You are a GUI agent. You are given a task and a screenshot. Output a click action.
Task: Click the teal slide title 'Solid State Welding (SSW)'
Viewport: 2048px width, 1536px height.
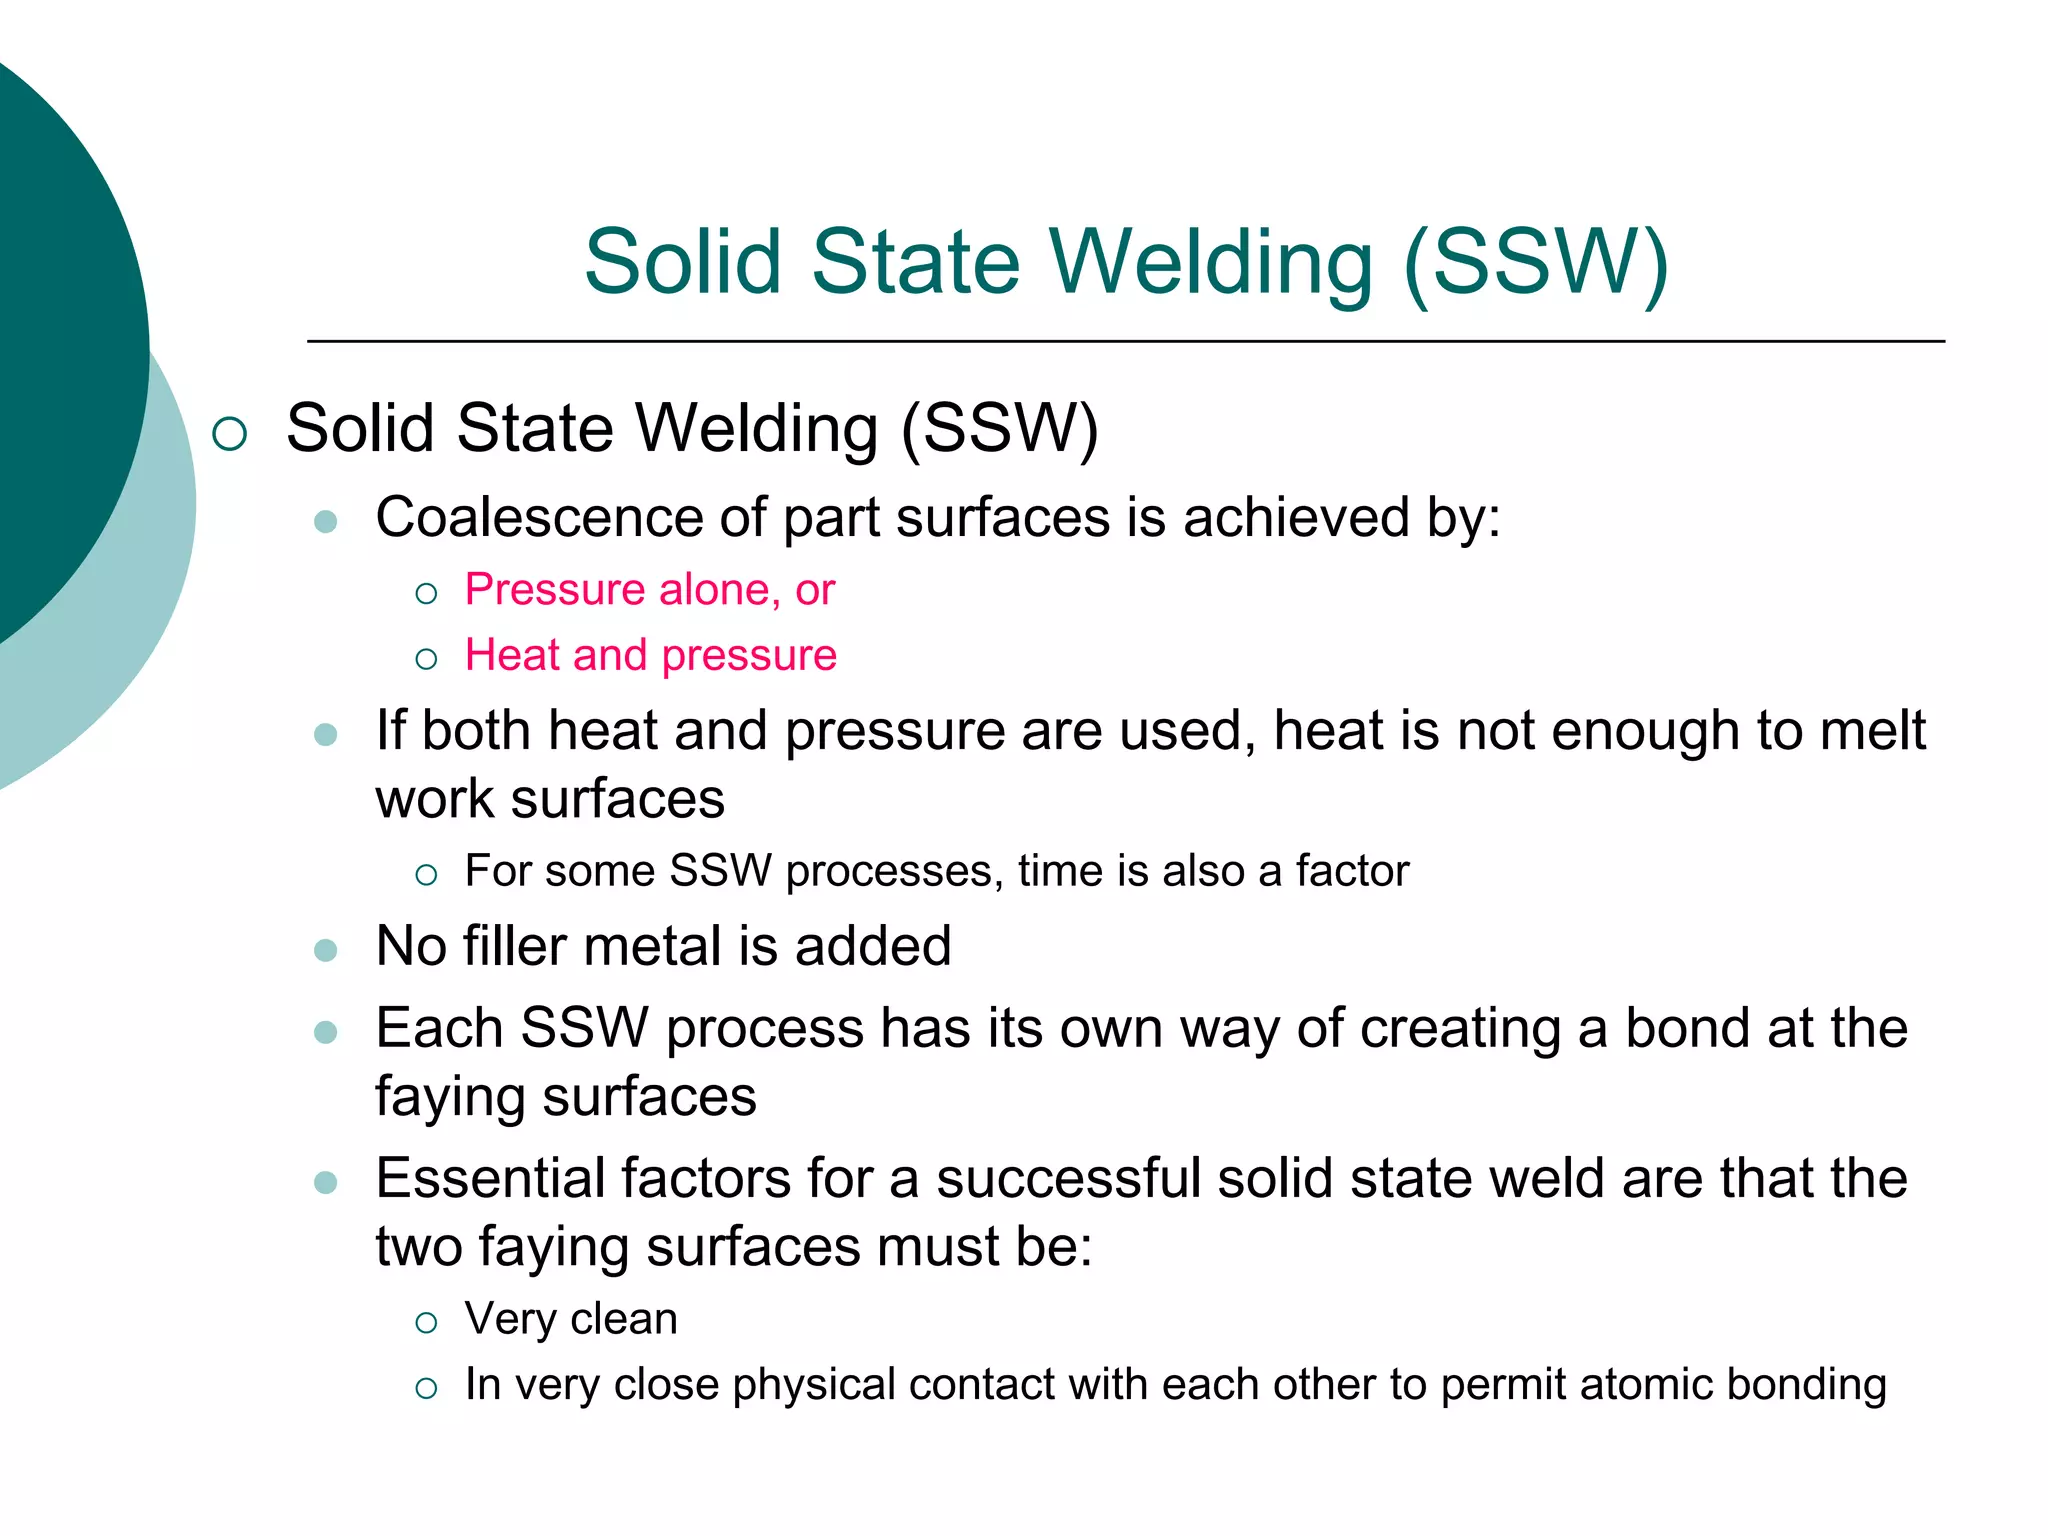[1126, 262]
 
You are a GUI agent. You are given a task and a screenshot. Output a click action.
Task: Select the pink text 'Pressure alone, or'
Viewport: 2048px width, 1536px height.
[649, 590]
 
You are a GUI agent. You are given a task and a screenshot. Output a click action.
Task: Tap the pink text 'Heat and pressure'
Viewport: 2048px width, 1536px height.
[650, 656]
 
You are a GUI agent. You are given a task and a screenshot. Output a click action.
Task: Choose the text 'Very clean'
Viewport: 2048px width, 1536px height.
[571, 1319]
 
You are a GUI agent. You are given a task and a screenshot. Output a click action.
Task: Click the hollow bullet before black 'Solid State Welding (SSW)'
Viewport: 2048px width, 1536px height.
[230, 433]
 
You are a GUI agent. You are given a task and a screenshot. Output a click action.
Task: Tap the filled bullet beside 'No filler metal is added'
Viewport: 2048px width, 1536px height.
[325, 949]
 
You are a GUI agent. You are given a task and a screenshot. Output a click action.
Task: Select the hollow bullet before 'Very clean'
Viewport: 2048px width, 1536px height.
[426, 1323]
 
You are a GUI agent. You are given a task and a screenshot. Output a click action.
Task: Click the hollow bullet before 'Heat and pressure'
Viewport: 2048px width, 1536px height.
[426, 659]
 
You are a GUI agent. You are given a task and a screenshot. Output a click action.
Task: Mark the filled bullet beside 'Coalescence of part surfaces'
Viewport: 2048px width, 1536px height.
[325, 521]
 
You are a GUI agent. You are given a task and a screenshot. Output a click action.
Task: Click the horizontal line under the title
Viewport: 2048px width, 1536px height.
[1125, 341]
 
